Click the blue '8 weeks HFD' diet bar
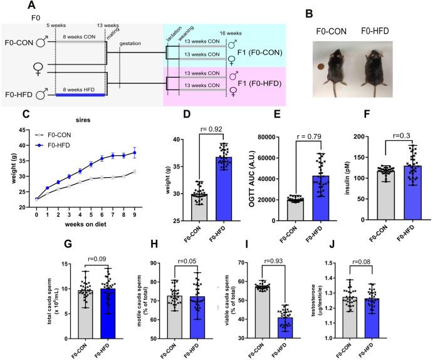tap(80, 95)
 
